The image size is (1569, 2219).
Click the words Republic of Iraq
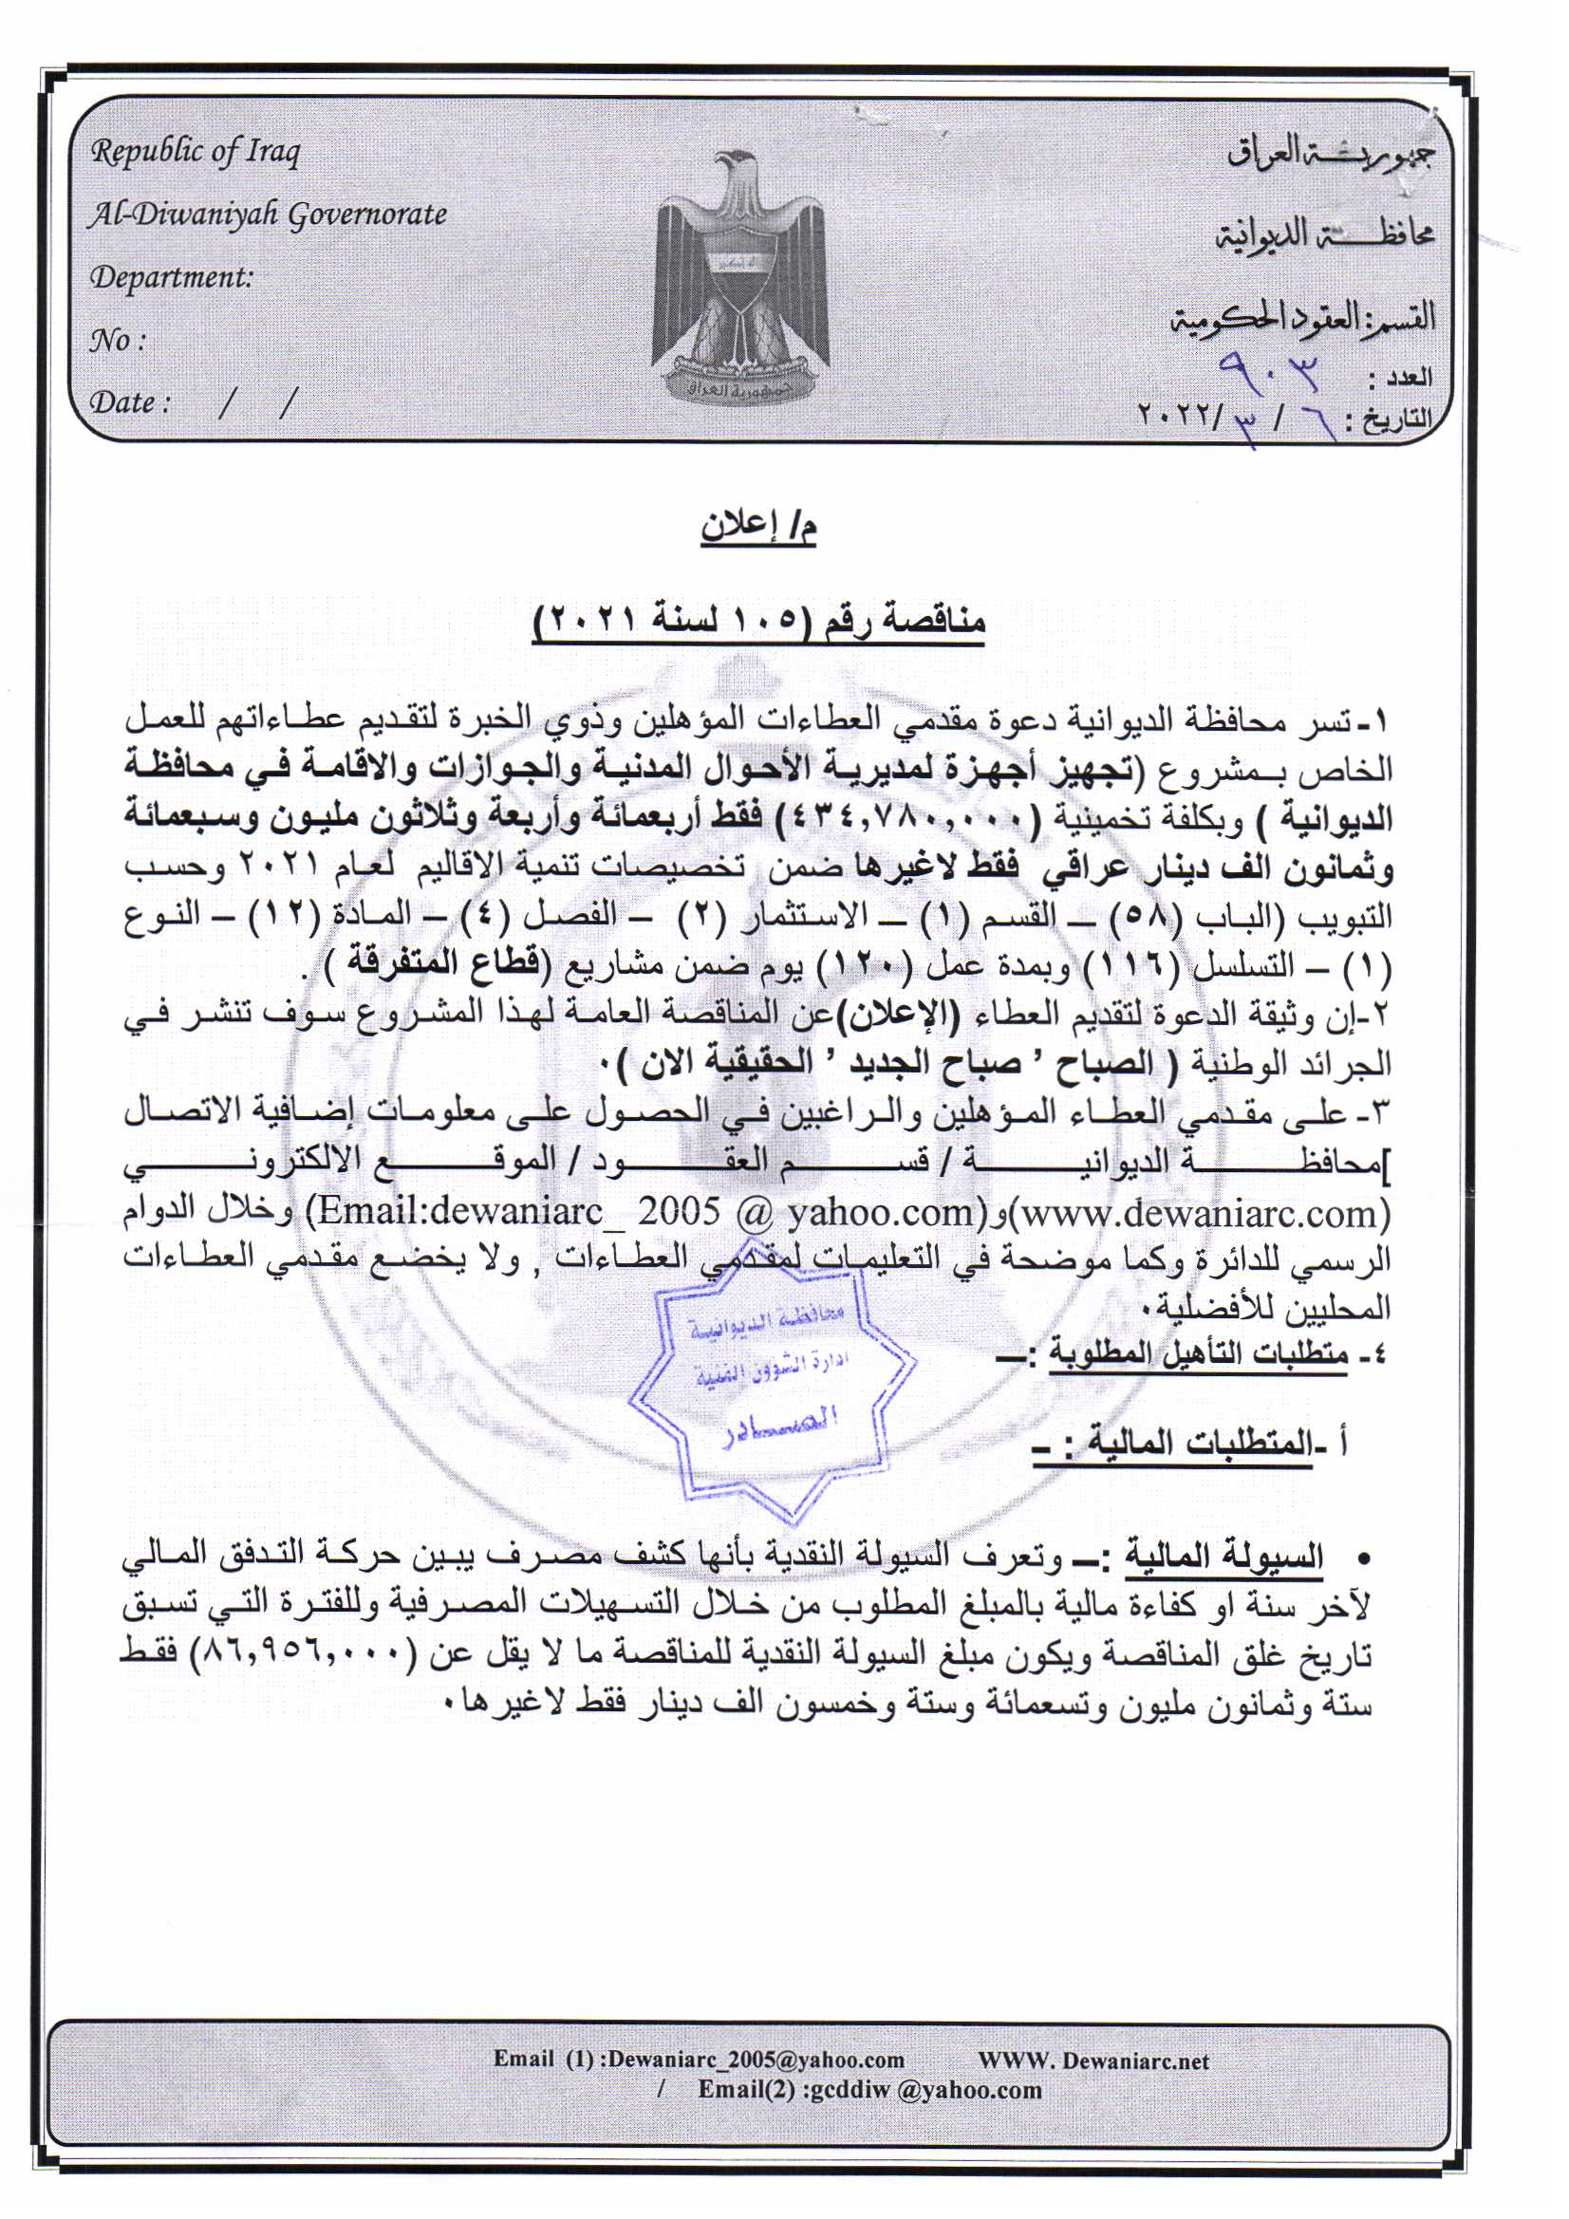coord(196,152)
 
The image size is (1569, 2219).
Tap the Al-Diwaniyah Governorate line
coord(268,214)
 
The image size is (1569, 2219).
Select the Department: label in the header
coord(171,277)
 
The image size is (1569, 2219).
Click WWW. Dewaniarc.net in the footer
coord(1093,2060)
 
